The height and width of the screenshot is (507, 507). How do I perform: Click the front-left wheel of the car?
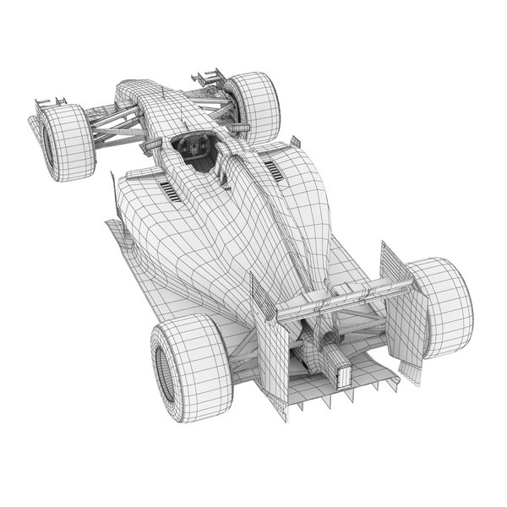pos(64,141)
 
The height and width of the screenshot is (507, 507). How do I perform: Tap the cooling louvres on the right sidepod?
pos(277,172)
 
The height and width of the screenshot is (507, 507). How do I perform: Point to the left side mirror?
pos(151,149)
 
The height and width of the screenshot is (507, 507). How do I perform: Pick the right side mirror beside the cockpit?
pos(295,141)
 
